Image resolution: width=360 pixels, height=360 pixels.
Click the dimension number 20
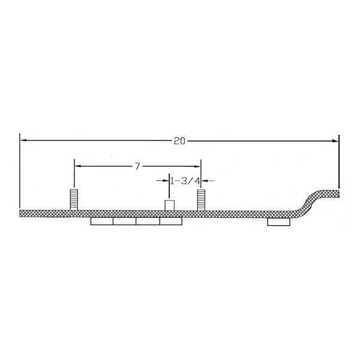point(179,141)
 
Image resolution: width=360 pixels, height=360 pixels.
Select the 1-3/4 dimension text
point(184,179)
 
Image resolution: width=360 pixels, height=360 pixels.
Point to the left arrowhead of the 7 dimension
point(77,166)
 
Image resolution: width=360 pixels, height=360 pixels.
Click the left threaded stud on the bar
point(74,200)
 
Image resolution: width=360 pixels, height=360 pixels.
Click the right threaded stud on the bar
point(202,200)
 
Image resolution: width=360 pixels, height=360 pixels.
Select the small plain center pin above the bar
point(169,206)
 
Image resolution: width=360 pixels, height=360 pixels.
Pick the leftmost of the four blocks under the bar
point(101,221)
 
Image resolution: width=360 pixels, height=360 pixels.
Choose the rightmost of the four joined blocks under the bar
point(171,221)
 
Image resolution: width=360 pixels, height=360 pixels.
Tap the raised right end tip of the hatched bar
point(337,193)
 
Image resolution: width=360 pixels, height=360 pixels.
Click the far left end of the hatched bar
point(22,213)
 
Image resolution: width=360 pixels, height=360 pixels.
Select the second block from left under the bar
point(124,221)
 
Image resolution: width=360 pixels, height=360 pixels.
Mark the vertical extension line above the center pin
point(169,189)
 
